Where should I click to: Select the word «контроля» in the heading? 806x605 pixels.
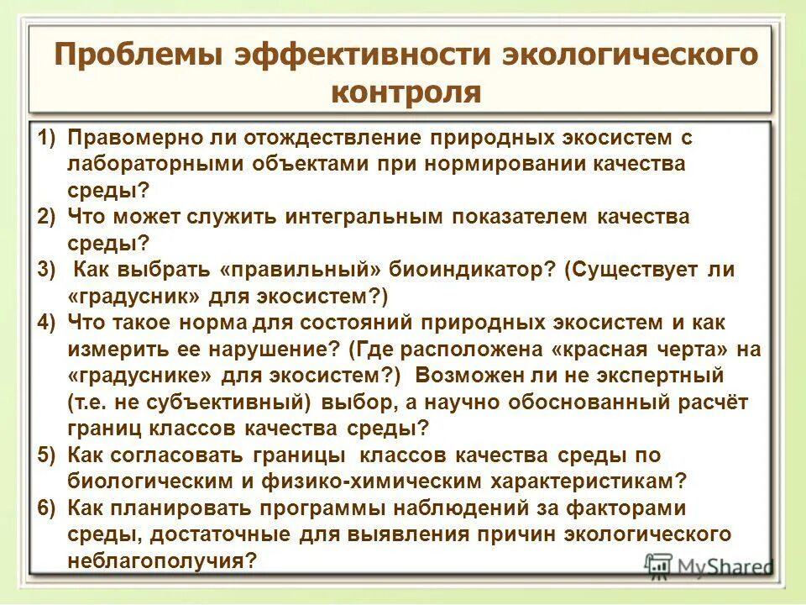tap(406, 92)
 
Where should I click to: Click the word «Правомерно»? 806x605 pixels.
tap(134, 137)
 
